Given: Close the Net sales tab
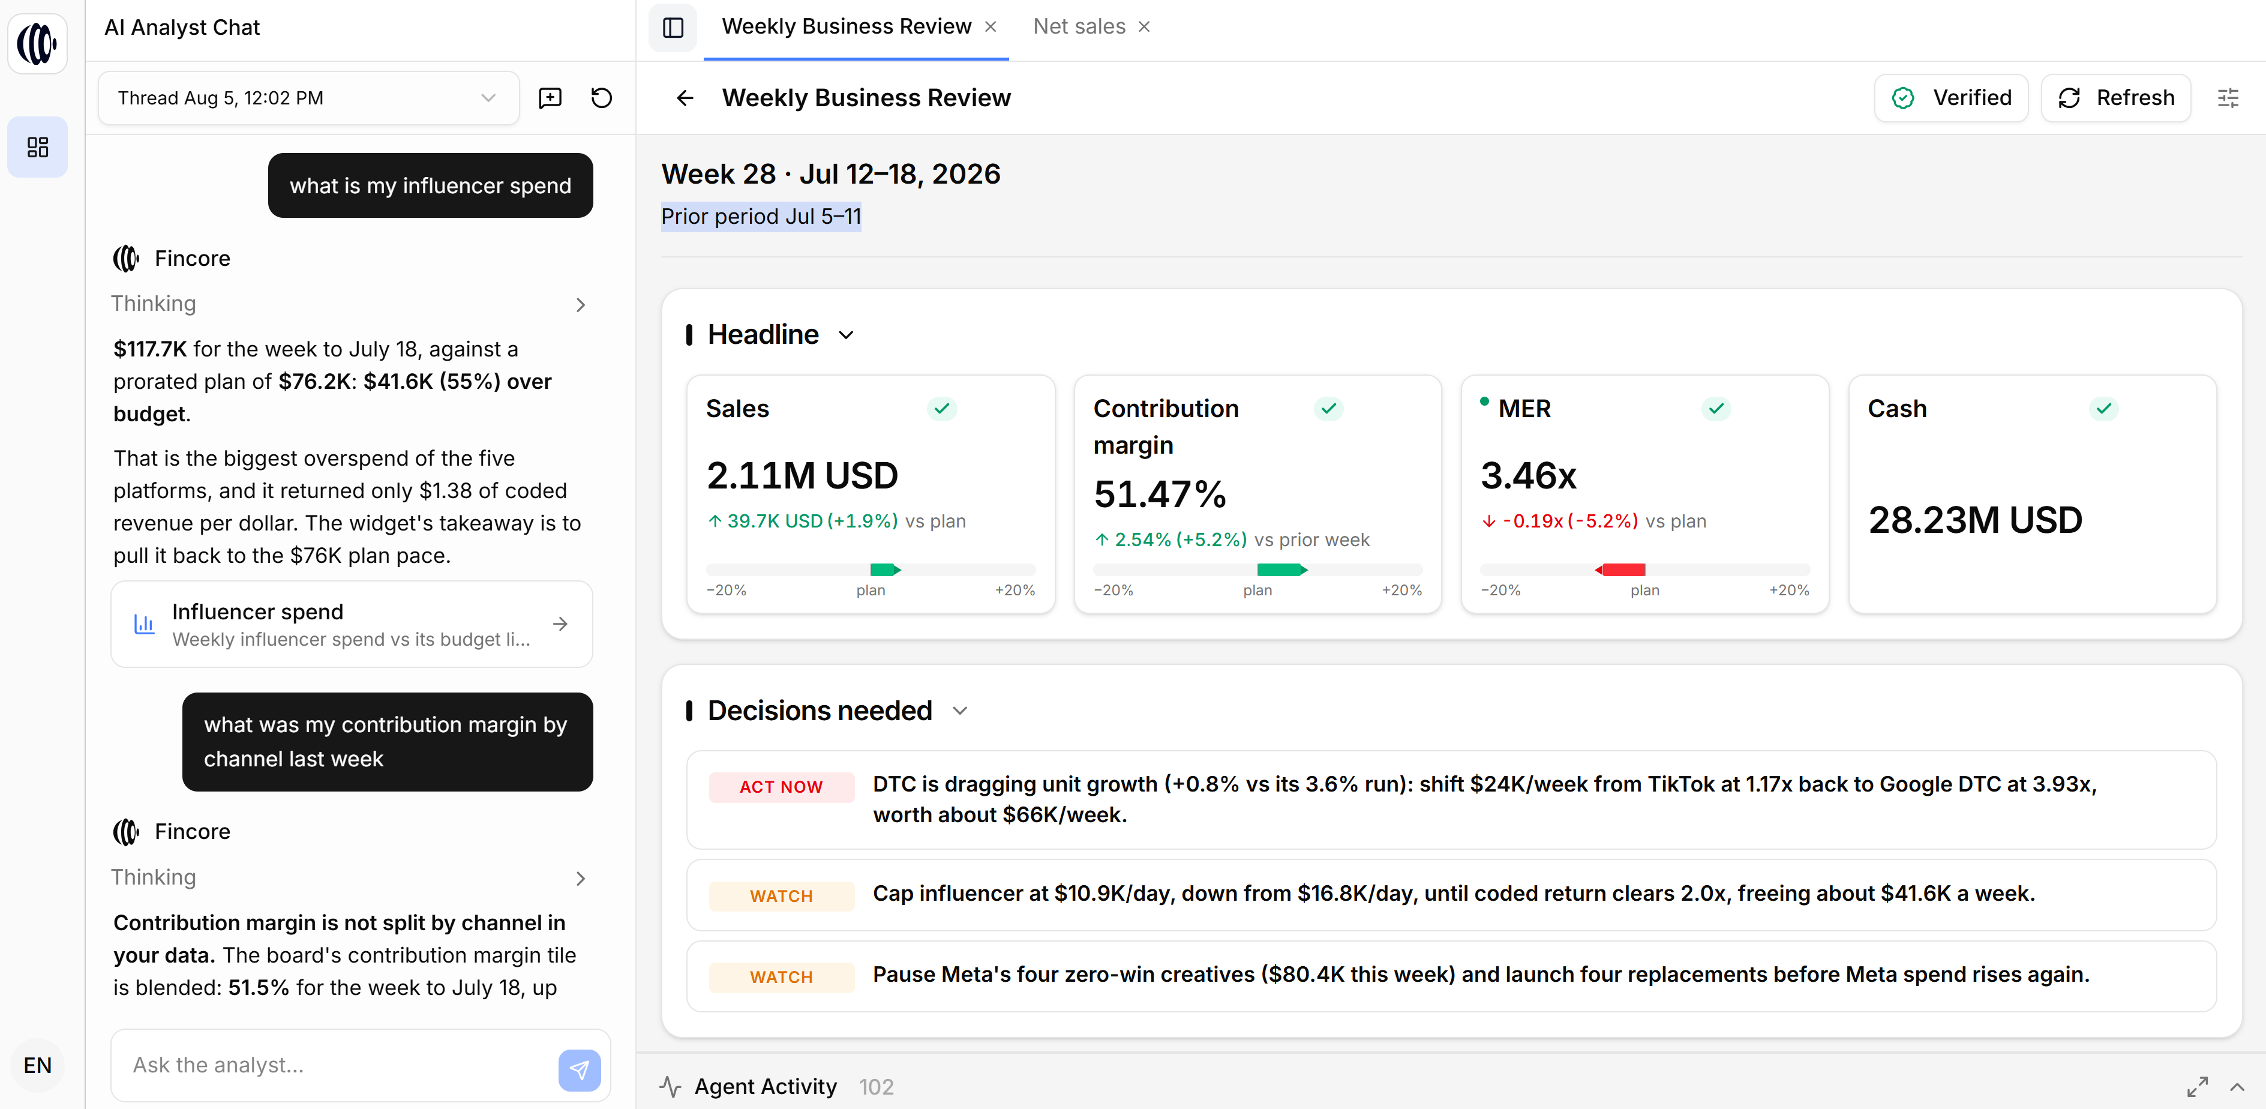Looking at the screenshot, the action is (x=1145, y=27).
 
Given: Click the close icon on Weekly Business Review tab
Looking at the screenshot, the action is (x=991, y=27).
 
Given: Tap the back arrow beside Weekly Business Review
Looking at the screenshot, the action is (x=685, y=98).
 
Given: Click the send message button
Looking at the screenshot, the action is (x=579, y=1069).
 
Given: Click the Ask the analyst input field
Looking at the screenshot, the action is (x=338, y=1065).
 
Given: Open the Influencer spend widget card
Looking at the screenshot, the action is (x=352, y=624).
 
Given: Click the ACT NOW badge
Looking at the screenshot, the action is (x=781, y=787).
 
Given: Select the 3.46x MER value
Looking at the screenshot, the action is (x=1529, y=475).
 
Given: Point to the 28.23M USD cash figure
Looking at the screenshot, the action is (x=1975, y=519).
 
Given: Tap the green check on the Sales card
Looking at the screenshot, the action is (x=941, y=409).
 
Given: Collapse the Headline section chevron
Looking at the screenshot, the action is (x=847, y=335).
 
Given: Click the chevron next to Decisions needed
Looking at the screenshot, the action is (x=960, y=711).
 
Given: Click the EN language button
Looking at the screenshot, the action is (x=38, y=1065).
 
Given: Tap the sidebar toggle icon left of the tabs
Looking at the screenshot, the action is (x=673, y=27).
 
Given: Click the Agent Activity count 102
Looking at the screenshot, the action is (x=876, y=1087).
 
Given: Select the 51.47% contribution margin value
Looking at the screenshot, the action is (x=1159, y=494).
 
